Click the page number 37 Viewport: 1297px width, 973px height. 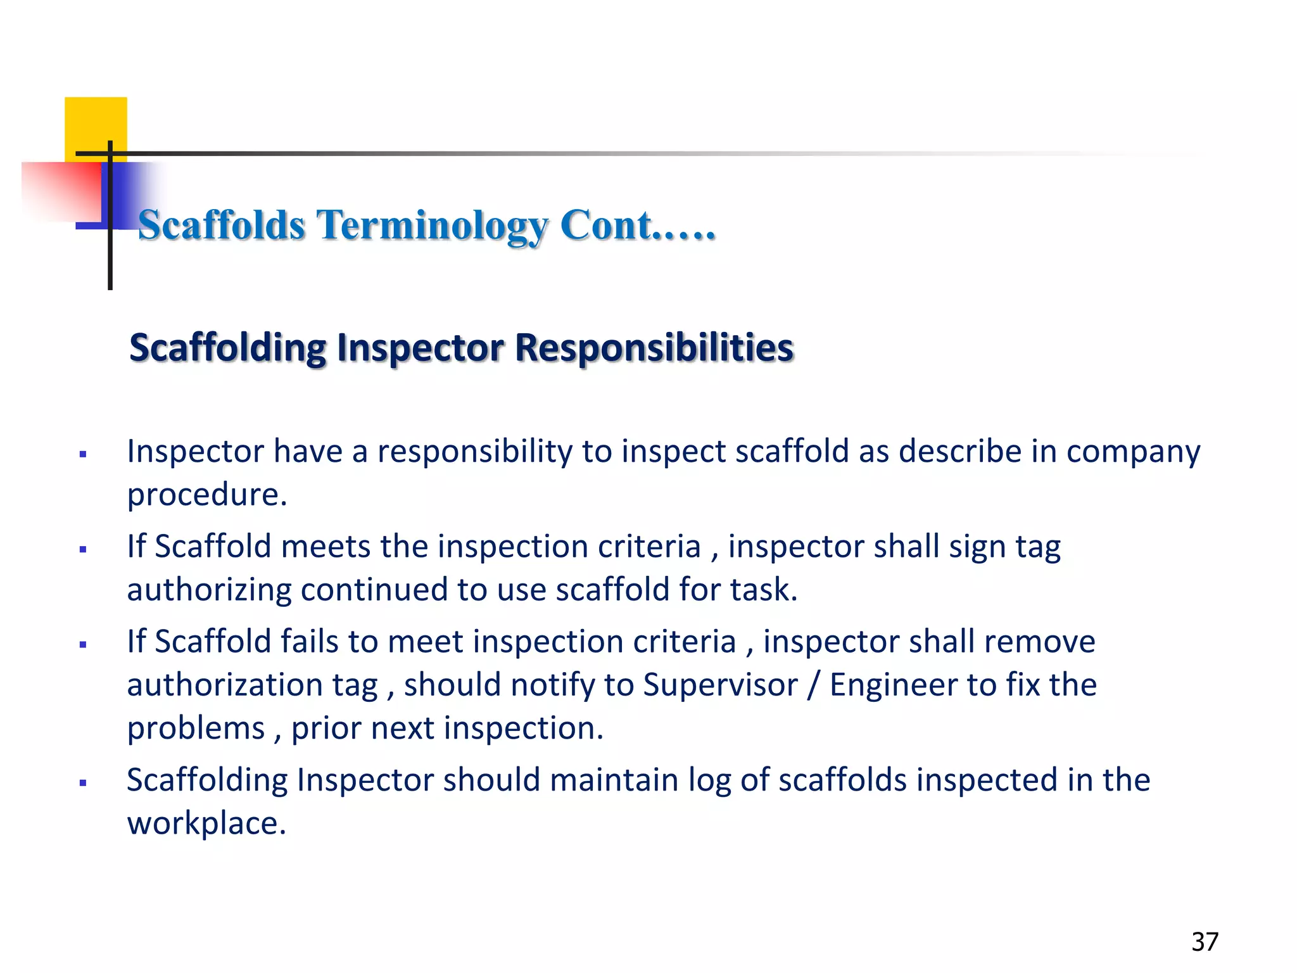(1205, 942)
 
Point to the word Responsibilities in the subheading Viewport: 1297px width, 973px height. (654, 348)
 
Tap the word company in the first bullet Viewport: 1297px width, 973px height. (1133, 452)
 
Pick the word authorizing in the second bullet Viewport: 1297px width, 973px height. (208, 590)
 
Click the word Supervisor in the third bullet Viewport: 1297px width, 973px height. (720, 685)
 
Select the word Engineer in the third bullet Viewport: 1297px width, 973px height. (897, 685)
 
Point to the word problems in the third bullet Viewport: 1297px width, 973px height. (196, 728)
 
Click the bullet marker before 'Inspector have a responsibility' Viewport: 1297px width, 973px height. (83, 454)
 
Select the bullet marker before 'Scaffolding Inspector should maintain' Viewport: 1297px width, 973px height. (83, 783)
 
